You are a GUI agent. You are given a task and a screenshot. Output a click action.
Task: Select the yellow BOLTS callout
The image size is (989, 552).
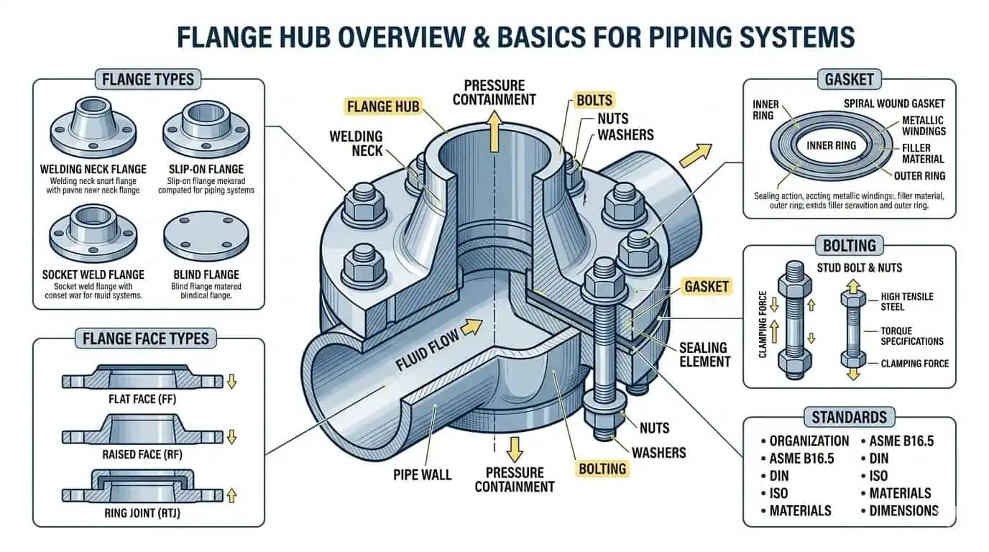pyautogui.click(x=594, y=100)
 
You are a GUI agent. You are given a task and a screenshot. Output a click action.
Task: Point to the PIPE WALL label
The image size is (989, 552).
pyautogui.click(x=423, y=474)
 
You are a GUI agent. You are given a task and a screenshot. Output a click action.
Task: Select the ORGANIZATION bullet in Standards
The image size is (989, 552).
pyautogui.click(x=809, y=441)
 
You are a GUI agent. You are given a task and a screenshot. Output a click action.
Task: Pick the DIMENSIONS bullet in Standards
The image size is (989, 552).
pyautogui.click(x=903, y=510)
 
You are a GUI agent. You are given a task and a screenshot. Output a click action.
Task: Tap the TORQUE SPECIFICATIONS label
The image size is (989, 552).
pyautogui.click(x=911, y=336)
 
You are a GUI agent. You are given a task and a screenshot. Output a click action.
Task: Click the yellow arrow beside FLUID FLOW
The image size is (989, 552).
pyautogui.click(x=470, y=328)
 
